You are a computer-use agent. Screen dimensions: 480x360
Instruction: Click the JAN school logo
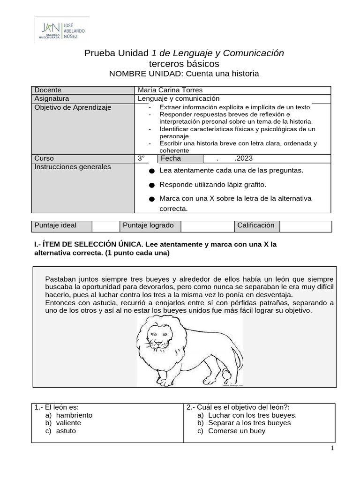tap(62, 29)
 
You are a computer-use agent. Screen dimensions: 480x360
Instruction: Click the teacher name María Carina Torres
tap(164, 90)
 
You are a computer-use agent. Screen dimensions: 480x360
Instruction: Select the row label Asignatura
tap(52, 98)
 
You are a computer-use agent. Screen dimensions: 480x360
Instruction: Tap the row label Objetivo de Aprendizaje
tap(73, 107)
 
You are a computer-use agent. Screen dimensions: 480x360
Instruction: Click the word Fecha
tap(171, 158)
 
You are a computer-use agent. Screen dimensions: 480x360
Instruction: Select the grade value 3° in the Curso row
tap(141, 158)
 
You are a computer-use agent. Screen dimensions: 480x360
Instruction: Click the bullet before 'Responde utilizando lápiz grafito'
tap(151, 185)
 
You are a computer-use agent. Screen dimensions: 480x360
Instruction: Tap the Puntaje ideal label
tap(55, 225)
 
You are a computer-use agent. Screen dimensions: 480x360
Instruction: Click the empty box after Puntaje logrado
tap(207, 226)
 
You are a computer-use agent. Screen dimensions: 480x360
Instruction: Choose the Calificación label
tap(255, 225)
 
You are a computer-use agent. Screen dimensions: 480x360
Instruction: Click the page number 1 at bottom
tap(332, 449)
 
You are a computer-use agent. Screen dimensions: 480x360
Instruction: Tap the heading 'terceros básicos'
tap(183, 63)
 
